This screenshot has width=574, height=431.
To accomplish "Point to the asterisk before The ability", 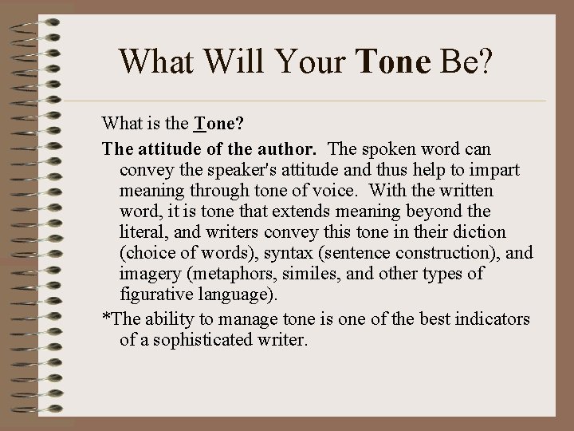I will coord(106,317).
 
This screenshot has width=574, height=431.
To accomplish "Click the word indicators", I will coord(492,318).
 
